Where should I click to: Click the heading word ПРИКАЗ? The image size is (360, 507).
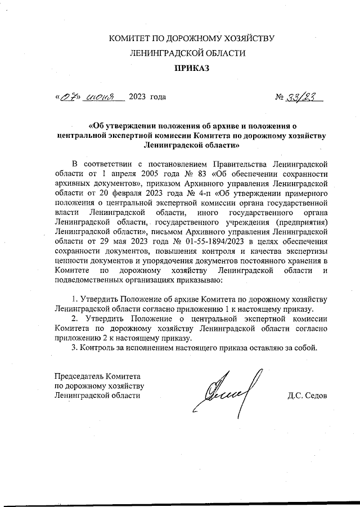(x=191, y=68)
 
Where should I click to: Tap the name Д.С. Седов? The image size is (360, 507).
(x=307, y=395)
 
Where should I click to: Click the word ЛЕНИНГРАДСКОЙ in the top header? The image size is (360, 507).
(x=164, y=53)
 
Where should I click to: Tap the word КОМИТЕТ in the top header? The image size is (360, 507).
(x=129, y=38)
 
